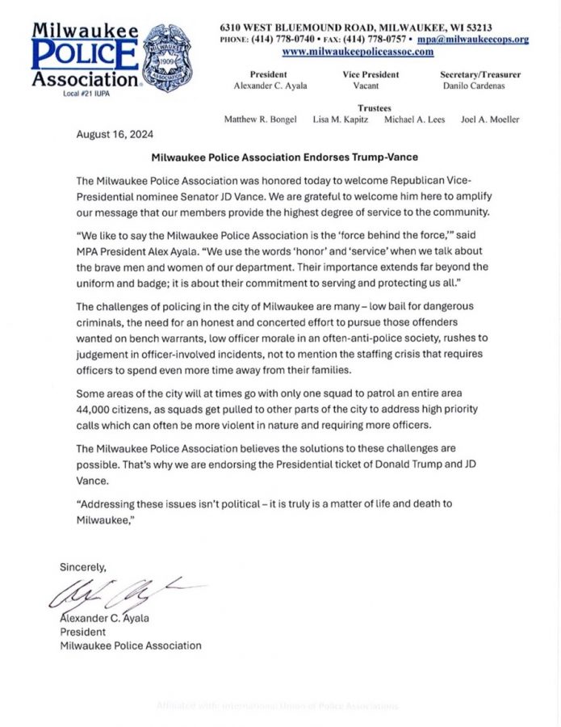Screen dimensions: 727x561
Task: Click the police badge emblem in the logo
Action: [x=167, y=57]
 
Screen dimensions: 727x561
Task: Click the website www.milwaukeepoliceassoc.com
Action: [x=358, y=52]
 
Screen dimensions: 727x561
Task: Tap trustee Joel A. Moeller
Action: [x=489, y=120]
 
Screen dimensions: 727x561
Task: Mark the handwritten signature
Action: [x=121, y=596]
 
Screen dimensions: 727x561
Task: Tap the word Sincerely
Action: [x=82, y=567]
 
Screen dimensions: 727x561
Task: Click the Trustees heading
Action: [x=374, y=107]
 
